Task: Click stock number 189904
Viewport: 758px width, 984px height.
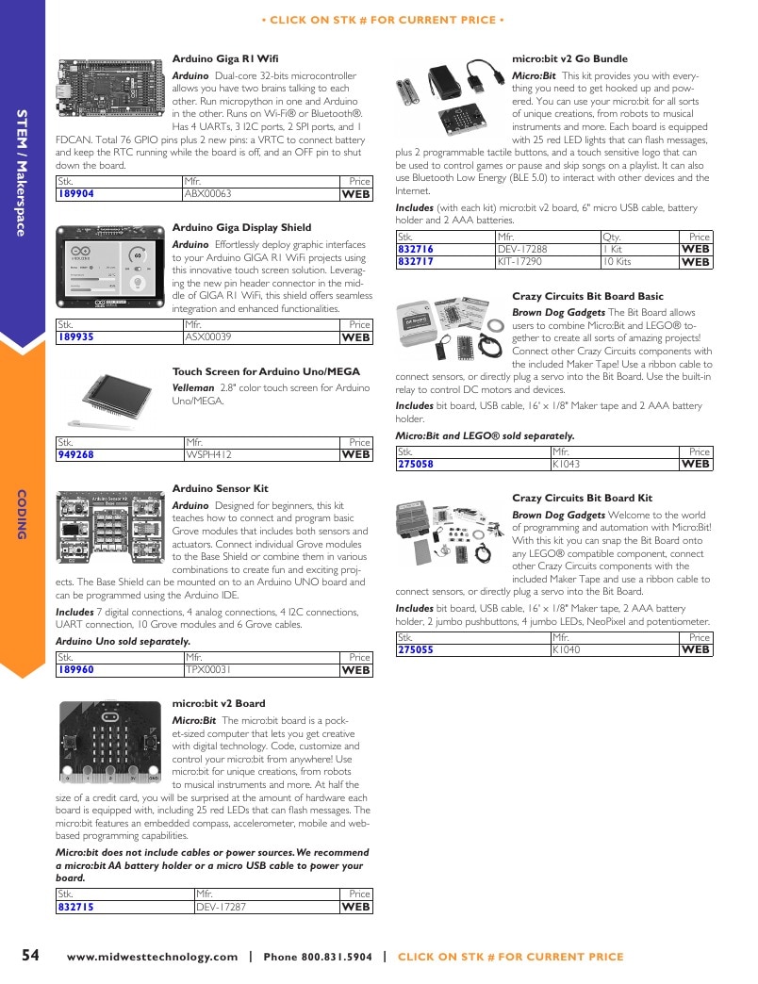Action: coord(76,194)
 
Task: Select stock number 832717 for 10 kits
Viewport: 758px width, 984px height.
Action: coord(416,262)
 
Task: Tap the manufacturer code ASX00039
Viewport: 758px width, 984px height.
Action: coord(208,337)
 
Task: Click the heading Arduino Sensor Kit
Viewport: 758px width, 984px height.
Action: coord(221,488)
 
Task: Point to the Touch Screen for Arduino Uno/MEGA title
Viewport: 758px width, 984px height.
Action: coord(266,371)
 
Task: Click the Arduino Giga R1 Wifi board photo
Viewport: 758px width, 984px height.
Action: coord(110,89)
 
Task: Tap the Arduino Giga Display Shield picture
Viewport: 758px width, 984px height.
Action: coord(109,268)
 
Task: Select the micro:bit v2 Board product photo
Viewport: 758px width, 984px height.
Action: coord(110,742)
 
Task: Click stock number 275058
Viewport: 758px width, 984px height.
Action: coord(416,465)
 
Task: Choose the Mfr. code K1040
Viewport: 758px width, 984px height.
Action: coord(566,650)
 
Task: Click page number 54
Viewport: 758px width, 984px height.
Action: coord(31,955)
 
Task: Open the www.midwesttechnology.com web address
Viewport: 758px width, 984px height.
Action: coord(153,957)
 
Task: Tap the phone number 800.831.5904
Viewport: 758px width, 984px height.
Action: coord(337,957)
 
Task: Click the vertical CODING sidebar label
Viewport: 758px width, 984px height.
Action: coord(22,515)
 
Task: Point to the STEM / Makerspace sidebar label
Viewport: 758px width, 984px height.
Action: coord(22,172)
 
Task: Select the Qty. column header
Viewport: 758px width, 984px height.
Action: coord(612,238)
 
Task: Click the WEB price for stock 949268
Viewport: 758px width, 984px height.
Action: coord(355,454)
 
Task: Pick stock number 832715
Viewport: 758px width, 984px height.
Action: coord(76,907)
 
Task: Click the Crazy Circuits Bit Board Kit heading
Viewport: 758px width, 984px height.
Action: coord(583,498)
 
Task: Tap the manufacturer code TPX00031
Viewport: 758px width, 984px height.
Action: coord(208,669)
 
